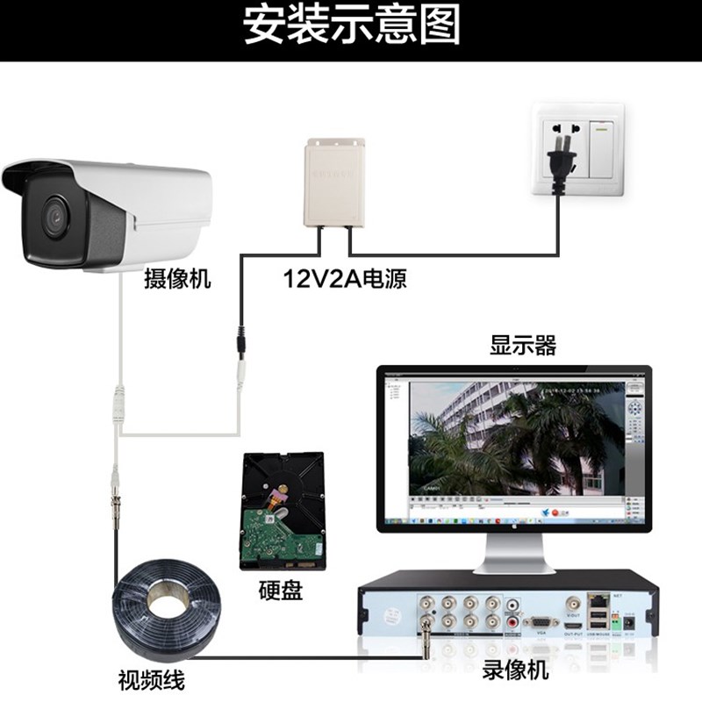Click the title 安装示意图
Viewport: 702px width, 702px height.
point(351,26)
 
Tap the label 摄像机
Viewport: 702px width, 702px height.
point(178,280)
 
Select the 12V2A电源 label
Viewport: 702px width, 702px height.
point(345,279)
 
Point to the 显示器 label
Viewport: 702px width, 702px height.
point(523,345)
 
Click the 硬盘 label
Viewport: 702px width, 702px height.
point(281,591)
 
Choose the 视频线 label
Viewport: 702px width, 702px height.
point(151,679)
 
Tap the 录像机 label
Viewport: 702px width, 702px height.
point(516,670)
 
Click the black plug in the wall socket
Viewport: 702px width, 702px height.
point(558,161)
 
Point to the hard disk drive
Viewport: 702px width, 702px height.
point(281,512)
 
